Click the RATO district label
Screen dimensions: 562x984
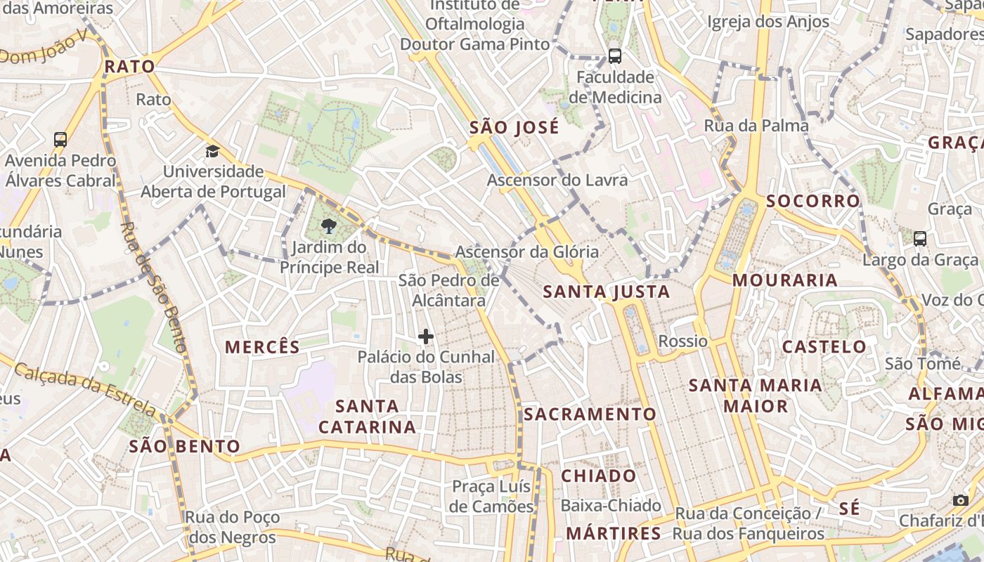(129, 67)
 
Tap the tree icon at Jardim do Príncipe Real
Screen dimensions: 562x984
(328, 226)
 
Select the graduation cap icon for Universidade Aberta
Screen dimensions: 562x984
(212, 151)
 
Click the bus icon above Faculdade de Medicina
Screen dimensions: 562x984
(615, 56)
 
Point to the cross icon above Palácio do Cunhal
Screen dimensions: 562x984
(426, 337)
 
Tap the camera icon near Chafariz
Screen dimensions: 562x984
(961, 500)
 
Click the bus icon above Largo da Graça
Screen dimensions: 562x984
(920, 239)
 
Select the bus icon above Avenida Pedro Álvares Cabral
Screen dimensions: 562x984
(60, 140)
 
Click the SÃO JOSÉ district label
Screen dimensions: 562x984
(514, 127)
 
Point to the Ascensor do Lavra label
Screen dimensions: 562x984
(557, 181)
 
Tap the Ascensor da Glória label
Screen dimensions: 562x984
(527, 251)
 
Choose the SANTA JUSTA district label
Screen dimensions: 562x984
(607, 291)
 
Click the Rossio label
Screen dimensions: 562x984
(682, 341)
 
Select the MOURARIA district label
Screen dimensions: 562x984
(785, 280)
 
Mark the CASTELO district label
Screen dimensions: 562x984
(824, 346)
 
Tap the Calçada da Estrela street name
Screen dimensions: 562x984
(84, 388)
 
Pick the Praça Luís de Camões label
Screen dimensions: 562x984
(492, 496)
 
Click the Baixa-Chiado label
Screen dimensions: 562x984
(611, 505)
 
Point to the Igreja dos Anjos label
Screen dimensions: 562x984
(768, 22)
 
